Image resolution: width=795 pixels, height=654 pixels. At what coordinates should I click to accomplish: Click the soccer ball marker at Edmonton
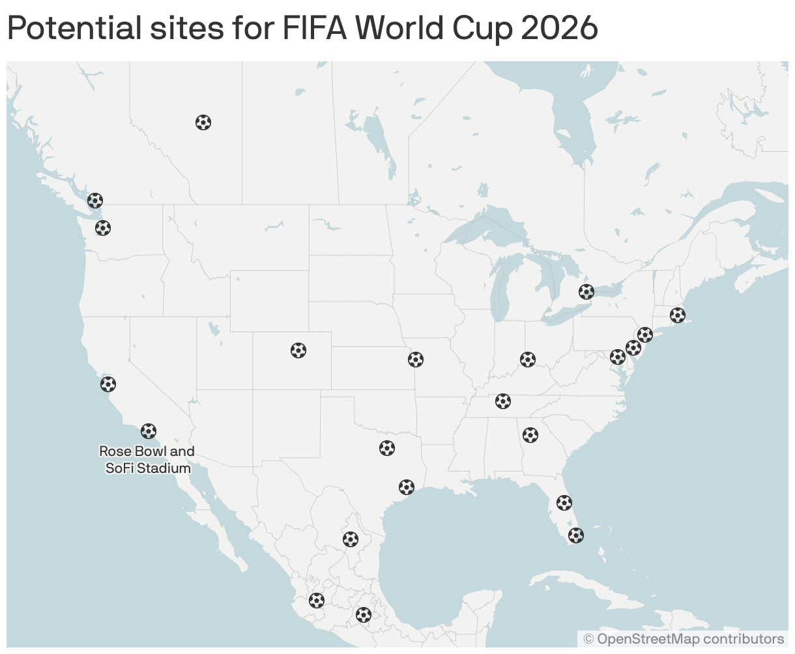click(203, 122)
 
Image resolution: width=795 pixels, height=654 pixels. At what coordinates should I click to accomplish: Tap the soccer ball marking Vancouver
click(95, 201)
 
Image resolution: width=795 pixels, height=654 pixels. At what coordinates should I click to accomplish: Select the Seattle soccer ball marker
click(103, 228)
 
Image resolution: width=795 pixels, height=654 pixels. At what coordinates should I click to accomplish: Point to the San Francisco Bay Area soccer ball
click(108, 384)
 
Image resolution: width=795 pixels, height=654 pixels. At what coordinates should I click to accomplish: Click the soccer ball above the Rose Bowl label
click(149, 431)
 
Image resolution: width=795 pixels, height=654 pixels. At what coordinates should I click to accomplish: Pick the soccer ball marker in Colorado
click(298, 350)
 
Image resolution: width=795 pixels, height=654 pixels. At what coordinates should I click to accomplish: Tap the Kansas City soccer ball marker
click(416, 360)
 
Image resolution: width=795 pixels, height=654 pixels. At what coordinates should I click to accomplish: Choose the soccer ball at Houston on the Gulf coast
click(407, 487)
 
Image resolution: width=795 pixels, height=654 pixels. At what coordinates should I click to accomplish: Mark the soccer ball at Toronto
click(586, 292)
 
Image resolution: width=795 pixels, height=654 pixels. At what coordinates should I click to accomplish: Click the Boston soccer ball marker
click(678, 315)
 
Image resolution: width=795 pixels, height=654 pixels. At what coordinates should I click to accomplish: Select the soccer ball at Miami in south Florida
click(576, 535)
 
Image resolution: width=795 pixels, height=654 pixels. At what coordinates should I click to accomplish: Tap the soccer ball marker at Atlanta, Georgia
click(530, 435)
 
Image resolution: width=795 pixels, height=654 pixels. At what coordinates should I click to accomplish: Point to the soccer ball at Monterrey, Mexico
click(351, 539)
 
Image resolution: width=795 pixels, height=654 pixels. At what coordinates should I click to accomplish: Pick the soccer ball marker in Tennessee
click(503, 401)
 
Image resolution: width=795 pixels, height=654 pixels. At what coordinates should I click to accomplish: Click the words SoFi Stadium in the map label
click(149, 468)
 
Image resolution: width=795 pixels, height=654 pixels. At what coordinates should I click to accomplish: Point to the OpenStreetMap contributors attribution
click(689, 639)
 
